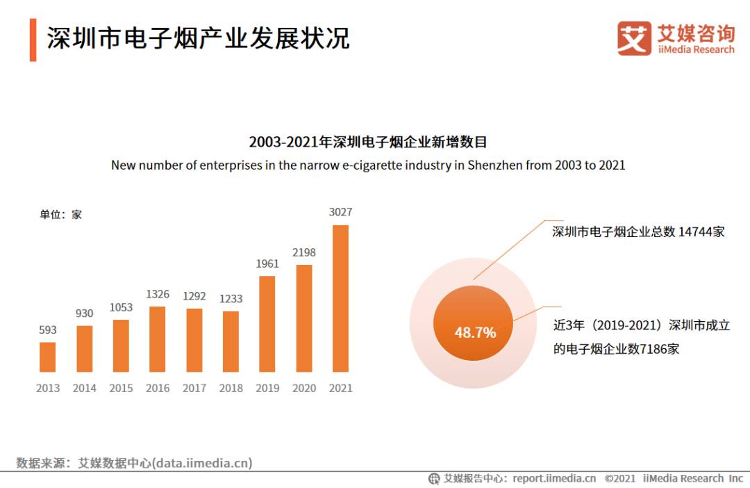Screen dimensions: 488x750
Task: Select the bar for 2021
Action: (340, 298)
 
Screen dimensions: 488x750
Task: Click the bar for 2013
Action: (47, 357)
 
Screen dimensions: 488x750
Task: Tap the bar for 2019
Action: (267, 324)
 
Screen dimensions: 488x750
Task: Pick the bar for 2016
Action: (158, 339)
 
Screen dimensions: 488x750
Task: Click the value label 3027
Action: (340, 212)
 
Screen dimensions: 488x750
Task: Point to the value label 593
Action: (47, 330)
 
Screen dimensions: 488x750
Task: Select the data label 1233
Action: (231, 298)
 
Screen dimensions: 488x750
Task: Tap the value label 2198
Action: (303, 252)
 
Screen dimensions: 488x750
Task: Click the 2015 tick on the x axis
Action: (121, 388)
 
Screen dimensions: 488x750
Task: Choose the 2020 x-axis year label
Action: (303, 388)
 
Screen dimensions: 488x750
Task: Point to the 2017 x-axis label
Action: (194, 388)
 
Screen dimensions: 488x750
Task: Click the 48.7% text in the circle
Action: (475, 332)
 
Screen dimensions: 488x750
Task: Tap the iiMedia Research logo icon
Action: (634, 38)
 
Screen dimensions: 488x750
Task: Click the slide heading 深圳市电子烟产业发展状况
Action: (198, 38)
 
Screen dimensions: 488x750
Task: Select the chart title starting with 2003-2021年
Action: (368, 143)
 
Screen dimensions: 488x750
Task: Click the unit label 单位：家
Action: (60, 215)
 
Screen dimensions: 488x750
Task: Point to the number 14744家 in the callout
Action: (701, 231)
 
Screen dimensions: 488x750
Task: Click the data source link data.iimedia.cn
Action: (202, 462)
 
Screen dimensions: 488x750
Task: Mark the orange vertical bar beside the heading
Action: (33, 40)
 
